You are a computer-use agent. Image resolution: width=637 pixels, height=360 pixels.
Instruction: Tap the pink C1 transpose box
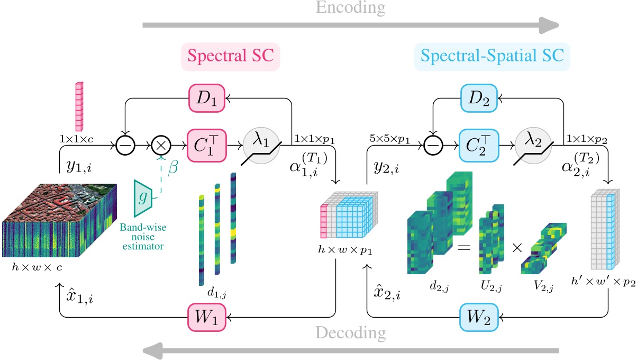207,143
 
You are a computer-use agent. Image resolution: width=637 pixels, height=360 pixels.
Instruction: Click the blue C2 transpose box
479,143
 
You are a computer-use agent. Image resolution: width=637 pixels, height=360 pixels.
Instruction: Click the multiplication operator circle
161,144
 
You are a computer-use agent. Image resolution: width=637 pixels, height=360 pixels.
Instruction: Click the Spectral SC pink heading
230,57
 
